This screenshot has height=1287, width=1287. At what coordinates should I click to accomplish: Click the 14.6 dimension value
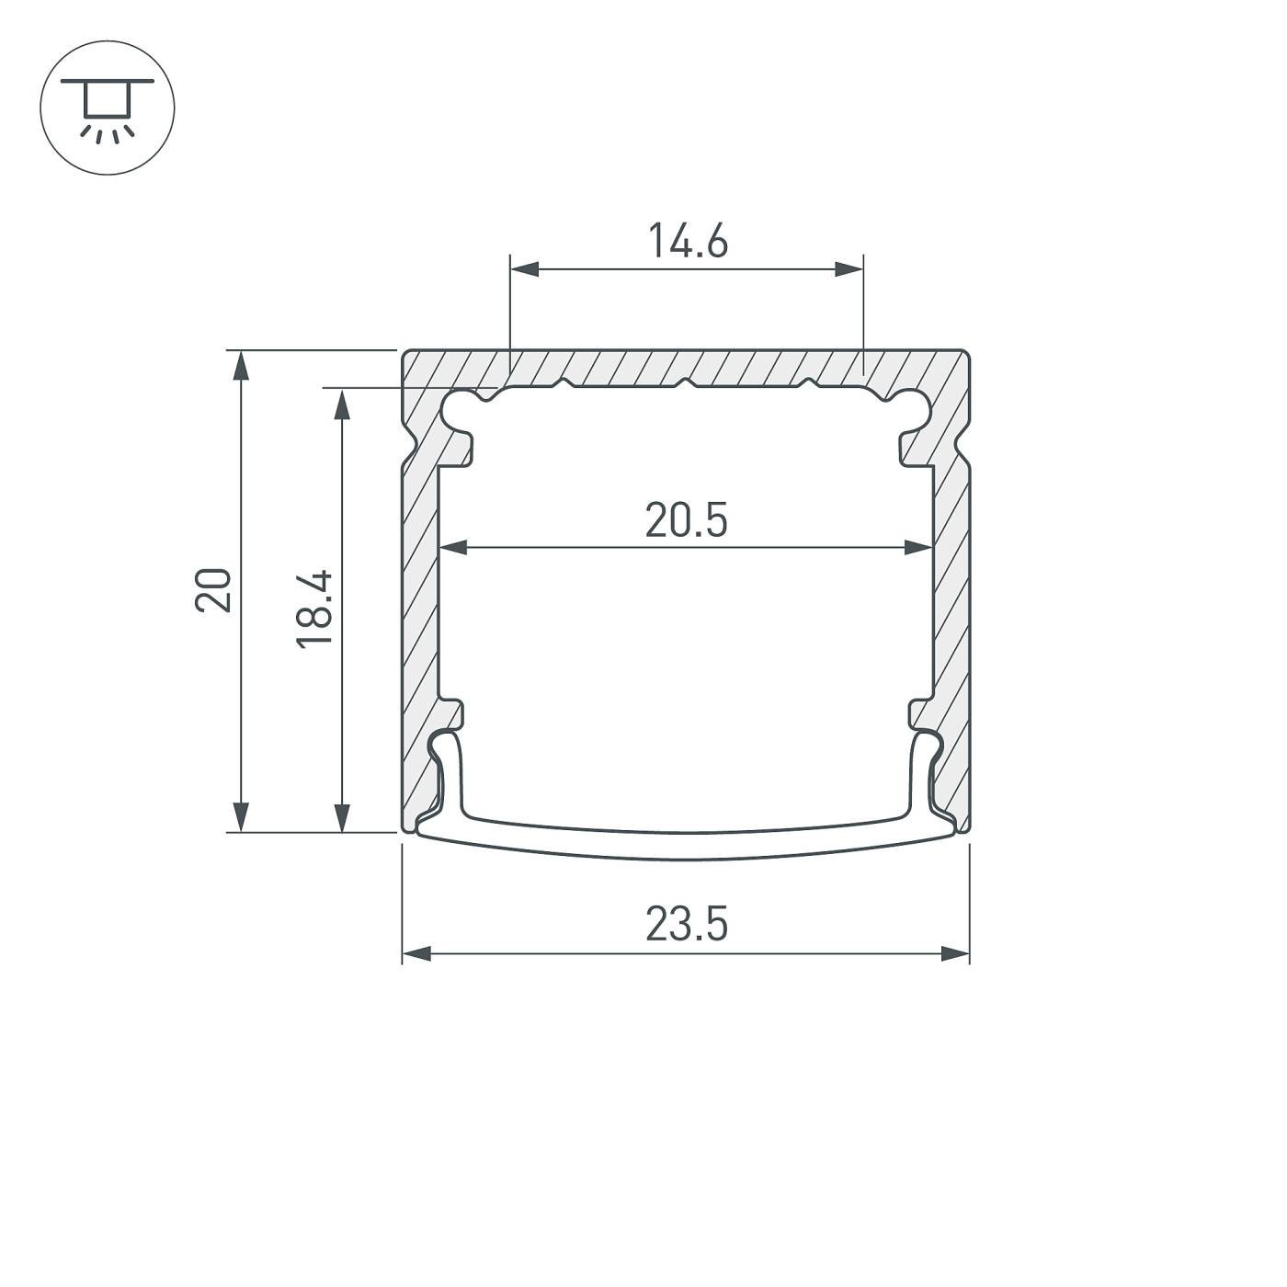click(688, 242)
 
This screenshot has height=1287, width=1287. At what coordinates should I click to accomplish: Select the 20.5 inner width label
click(686, 520)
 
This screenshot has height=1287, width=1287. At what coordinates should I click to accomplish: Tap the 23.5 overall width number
click(686, 924)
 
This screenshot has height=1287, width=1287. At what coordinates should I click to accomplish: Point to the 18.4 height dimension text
click(314, 609)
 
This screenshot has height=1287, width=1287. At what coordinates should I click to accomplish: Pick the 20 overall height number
click(213, 590)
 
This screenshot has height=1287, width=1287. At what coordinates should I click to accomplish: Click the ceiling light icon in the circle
click(108, 108)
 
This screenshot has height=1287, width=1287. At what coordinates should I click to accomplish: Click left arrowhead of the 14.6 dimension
click(524, 269)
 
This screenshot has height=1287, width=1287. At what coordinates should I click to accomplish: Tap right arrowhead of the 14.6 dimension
click(849, 269)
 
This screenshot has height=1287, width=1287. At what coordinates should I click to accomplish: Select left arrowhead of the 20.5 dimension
click(454, 548)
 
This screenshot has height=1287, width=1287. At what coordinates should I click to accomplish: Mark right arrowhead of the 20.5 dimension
click(919, 548)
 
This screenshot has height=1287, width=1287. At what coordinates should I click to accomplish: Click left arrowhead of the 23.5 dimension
click(417, 954)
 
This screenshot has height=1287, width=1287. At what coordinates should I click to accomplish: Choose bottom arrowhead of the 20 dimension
click(241, 816)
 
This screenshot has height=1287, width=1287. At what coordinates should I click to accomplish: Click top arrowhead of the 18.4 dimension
click(342, 403)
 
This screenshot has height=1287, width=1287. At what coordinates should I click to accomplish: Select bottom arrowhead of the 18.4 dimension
click(342, 816)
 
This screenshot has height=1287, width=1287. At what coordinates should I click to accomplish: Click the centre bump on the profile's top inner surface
click(685, 382)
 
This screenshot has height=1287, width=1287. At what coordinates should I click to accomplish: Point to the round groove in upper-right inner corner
click(913, 410)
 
